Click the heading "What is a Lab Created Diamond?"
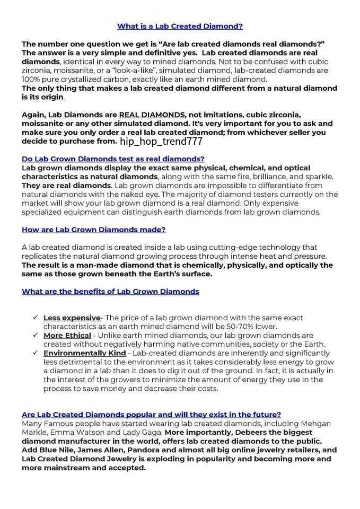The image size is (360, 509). tap(180, 25)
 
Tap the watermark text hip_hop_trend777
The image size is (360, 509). tap(161, 142)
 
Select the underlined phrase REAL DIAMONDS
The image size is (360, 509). tap(152, 115)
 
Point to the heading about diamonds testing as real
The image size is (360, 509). tap(113, 159)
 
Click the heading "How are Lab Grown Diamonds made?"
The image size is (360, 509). tap(93, 230)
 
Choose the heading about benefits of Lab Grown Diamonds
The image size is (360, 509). tap(110, 291)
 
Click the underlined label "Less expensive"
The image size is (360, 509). tap(72, 318)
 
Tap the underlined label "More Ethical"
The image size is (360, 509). tap(67, 335)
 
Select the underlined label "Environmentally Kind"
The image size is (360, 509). tap(85, 353)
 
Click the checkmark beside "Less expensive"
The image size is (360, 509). tap(34, 318)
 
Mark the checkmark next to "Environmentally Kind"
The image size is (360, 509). tap(34, 353)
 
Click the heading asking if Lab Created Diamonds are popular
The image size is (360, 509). tap(151, 414)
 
